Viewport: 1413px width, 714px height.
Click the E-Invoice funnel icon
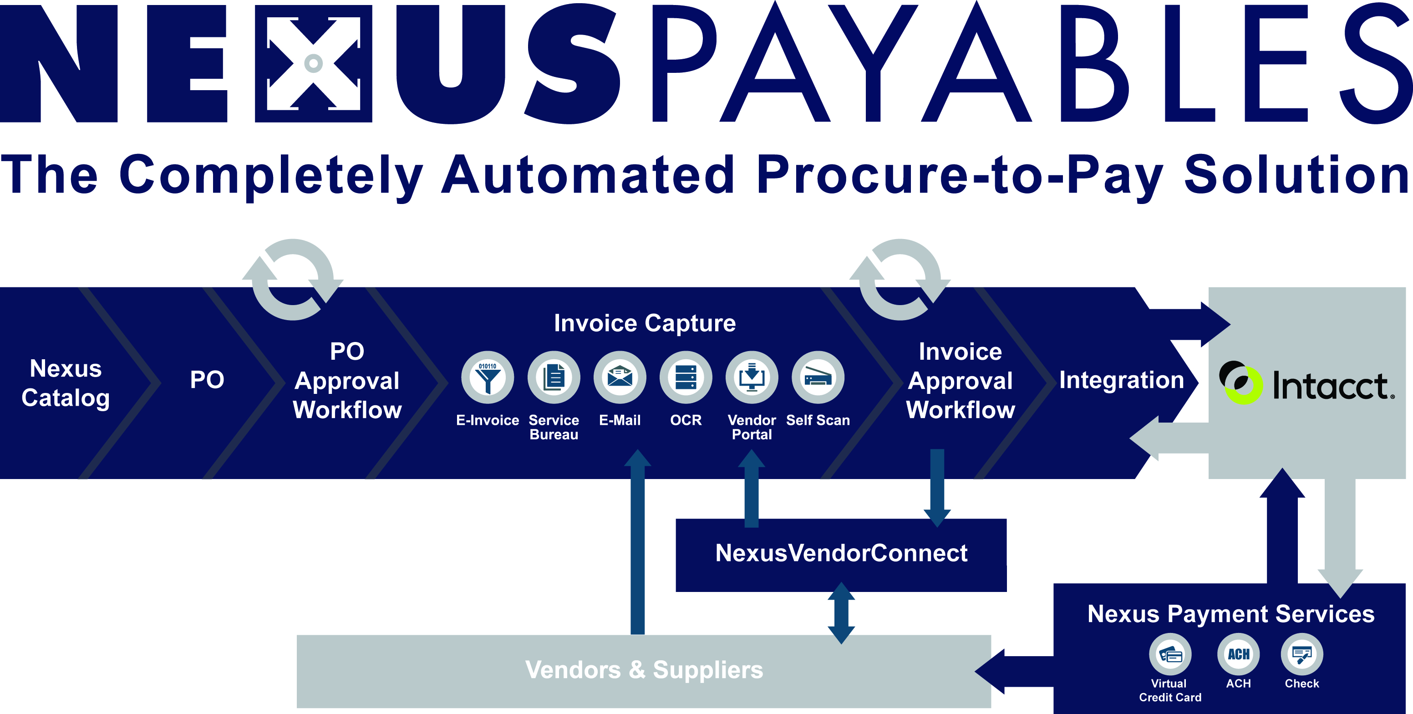[x=487, y=377]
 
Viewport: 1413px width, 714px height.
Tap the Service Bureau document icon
[x=554, y=377]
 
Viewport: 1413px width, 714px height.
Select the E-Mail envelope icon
[x=620, y=377]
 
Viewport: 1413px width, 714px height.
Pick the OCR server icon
[x=686, y=377]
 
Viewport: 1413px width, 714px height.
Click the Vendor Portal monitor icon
[x=752, y=377]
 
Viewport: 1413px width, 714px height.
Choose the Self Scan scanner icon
[x=818, y=377]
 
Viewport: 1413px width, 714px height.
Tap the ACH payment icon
[x=1239, y=654]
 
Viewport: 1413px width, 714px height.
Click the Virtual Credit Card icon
[x=1170, y=654]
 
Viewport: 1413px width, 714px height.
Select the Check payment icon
[x=1301, y=654]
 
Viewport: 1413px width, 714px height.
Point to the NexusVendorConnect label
[x=841, y=553]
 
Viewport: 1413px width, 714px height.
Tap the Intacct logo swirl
[x=1241, y=383]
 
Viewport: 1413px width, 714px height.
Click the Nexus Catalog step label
[x=66, y=383]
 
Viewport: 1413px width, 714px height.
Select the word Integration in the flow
[x=1121, y=380]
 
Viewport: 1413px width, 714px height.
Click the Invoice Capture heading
[x=645, y=323]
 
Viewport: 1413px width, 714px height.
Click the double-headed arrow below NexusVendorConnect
[x=841, y=613]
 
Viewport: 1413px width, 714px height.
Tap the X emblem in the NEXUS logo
[x=313, y=63]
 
